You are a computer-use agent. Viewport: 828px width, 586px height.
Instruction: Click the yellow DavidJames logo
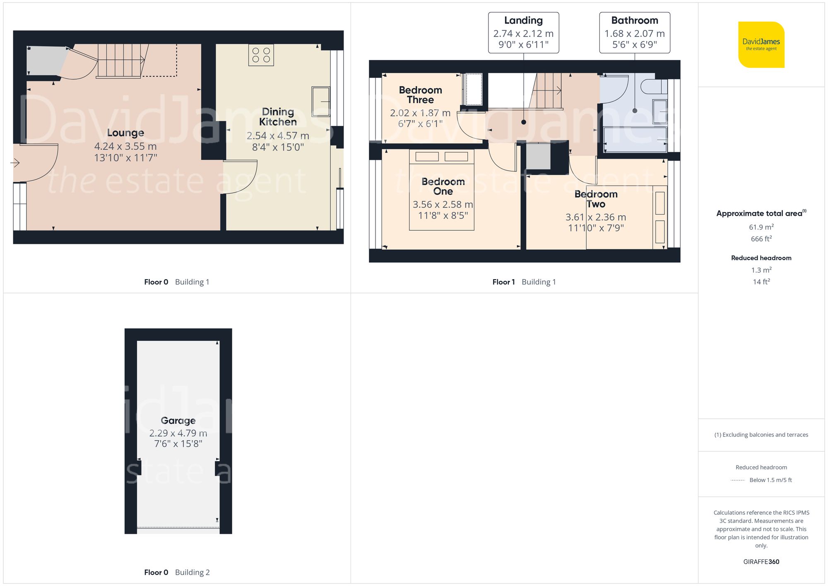tap(761, 45)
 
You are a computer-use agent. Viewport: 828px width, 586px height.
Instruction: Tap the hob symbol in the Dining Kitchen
tap(261, 55)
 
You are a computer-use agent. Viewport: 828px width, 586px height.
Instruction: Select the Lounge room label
tap(125, 133)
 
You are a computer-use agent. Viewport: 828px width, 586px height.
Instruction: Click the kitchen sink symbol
tap(320, 101)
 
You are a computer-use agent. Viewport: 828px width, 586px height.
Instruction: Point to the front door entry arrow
tap(15, 163)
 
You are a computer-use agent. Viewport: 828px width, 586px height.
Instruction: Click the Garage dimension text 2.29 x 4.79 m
tap(178, 433)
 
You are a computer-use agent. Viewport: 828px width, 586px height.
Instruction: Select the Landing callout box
tap(523, 32)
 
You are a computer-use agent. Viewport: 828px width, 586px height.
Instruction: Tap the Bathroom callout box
tap(634, 32)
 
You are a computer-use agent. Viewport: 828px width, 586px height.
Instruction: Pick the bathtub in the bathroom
tap(635, 140)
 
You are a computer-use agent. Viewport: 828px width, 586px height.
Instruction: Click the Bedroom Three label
tap(420, 95)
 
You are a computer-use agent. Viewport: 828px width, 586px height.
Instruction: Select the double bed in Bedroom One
tap(441, 190)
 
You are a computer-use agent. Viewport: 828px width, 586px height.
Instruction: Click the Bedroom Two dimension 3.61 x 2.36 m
tap(595, 217)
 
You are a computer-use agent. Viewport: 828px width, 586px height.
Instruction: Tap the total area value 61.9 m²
tap(761, 227)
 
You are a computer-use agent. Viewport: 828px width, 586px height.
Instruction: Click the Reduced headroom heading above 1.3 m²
tap(761, 258)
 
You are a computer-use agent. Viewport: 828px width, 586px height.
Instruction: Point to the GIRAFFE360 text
tap(761, 562)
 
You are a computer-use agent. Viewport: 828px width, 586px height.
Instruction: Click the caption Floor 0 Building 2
tap(177, 572)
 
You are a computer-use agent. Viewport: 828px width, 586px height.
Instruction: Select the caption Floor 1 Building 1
tap(524, 282)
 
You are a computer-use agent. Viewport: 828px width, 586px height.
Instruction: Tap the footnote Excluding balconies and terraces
tap(761, 435)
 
